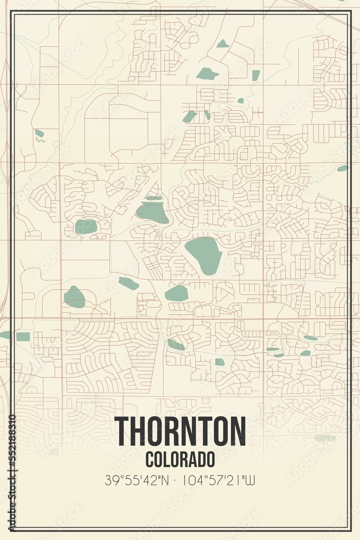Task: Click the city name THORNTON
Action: pyautogui.click(x=180, y=431)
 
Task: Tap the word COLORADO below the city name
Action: pyautogui.click(x=180, y=459)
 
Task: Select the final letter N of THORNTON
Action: pyautogui.click(x=237, y=431)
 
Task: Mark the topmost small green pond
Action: pyautogui.click(x=222, y=44)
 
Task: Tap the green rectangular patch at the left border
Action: pyautogui.click(x=23, y=336)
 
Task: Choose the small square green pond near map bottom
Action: pyautogui.click(x=219, y=362)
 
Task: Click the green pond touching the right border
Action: pyautogui.click(x=342, y=168)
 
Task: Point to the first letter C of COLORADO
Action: pyautogui.click(x=150, y=459)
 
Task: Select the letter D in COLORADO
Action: pyautogui.click(x=201, y=459)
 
